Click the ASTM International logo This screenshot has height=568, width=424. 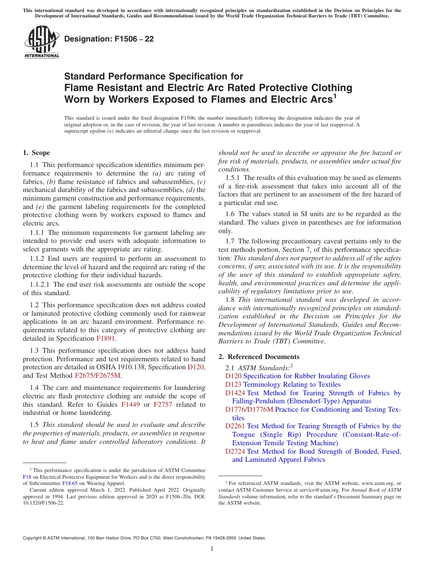coord(42,42)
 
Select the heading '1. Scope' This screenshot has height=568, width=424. coord(36,153)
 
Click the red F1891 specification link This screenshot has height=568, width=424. coord(106,338)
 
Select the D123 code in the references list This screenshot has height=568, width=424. coord(233,384)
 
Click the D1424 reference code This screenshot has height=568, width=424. coord(235,393)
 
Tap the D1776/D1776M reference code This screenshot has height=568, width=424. coord(249,409)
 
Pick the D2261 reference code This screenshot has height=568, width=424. coord(235,426)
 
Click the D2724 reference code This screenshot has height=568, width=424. coord(235,451)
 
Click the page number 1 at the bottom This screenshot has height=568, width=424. coord(212,549)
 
